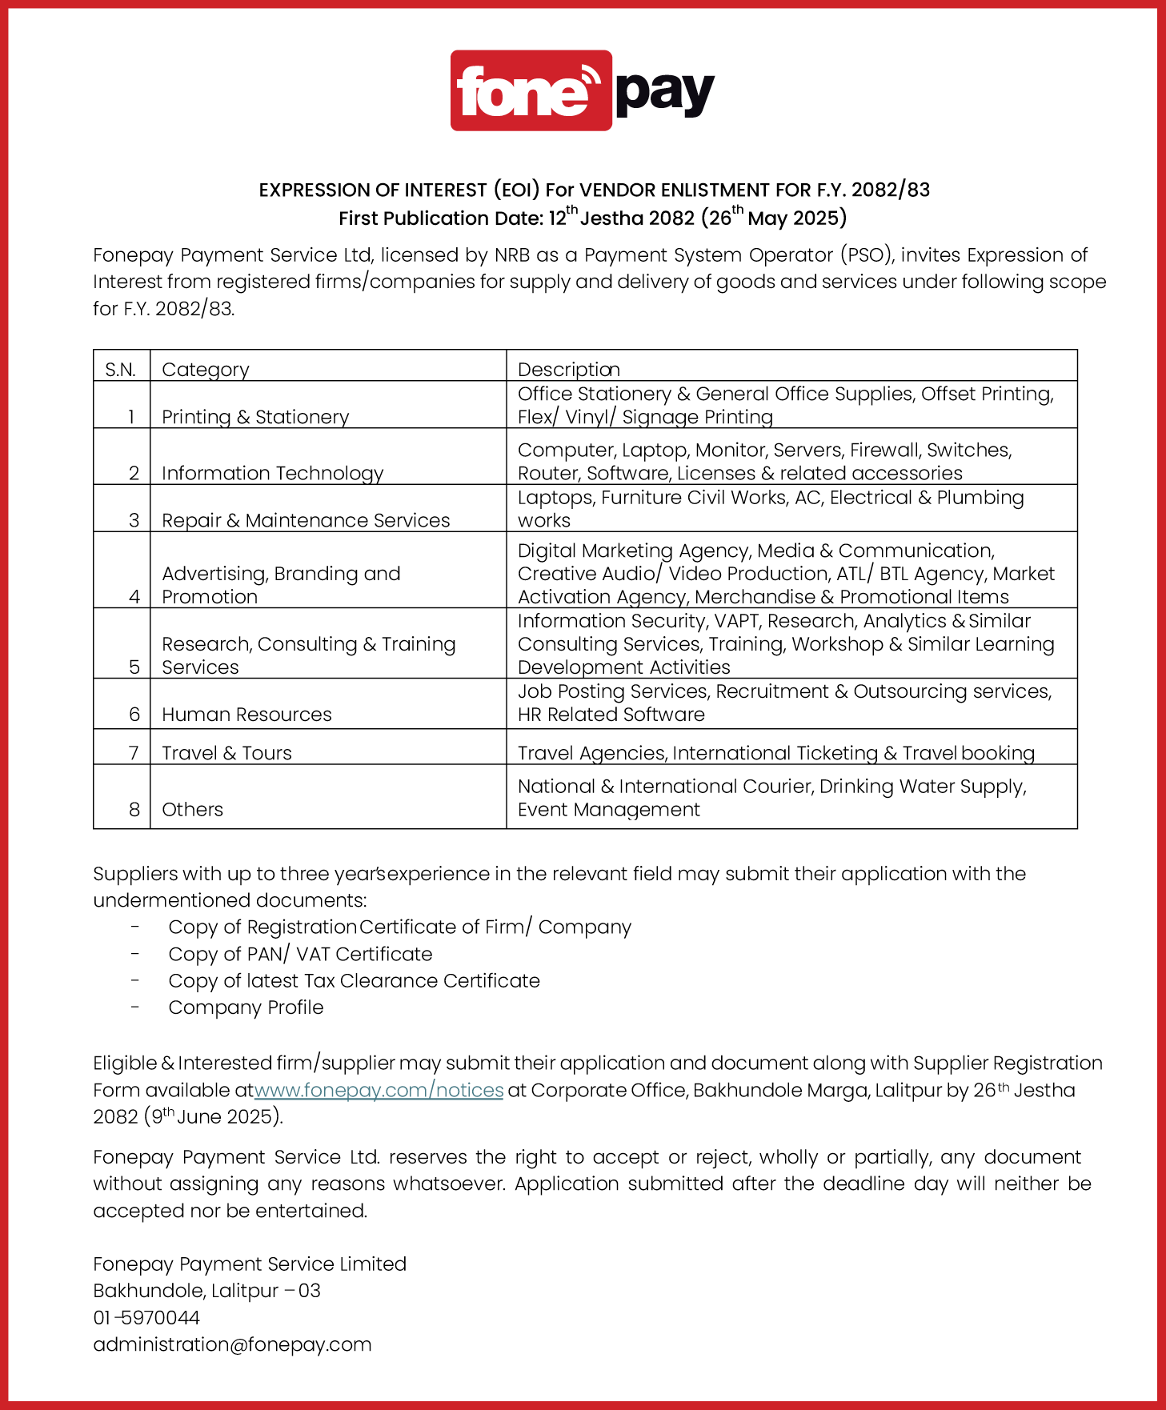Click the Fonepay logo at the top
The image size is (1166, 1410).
(582, 90)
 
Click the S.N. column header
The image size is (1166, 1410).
(121, 370)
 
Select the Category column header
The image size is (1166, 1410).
(206, 370)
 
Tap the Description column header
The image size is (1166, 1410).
(568, 370)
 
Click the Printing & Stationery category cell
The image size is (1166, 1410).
(255, 417)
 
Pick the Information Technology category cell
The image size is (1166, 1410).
(272, 473)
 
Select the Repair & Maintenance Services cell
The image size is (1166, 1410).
(306, 520)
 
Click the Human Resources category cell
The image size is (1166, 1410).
(246, 715)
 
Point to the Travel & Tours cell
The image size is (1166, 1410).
(226, 753)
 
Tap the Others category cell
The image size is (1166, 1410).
(192, 809)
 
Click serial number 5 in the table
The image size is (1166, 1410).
(134, 667)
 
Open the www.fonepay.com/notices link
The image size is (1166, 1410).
(379, 1090)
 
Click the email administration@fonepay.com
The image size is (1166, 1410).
(232, 1344)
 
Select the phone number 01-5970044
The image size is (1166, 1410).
(146, 1317)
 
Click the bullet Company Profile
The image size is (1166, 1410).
(246, 1007)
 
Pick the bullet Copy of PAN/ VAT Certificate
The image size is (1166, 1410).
(300, 954)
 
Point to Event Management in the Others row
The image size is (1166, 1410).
(608, 810)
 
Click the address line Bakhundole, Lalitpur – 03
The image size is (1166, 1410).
(206, 1291)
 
